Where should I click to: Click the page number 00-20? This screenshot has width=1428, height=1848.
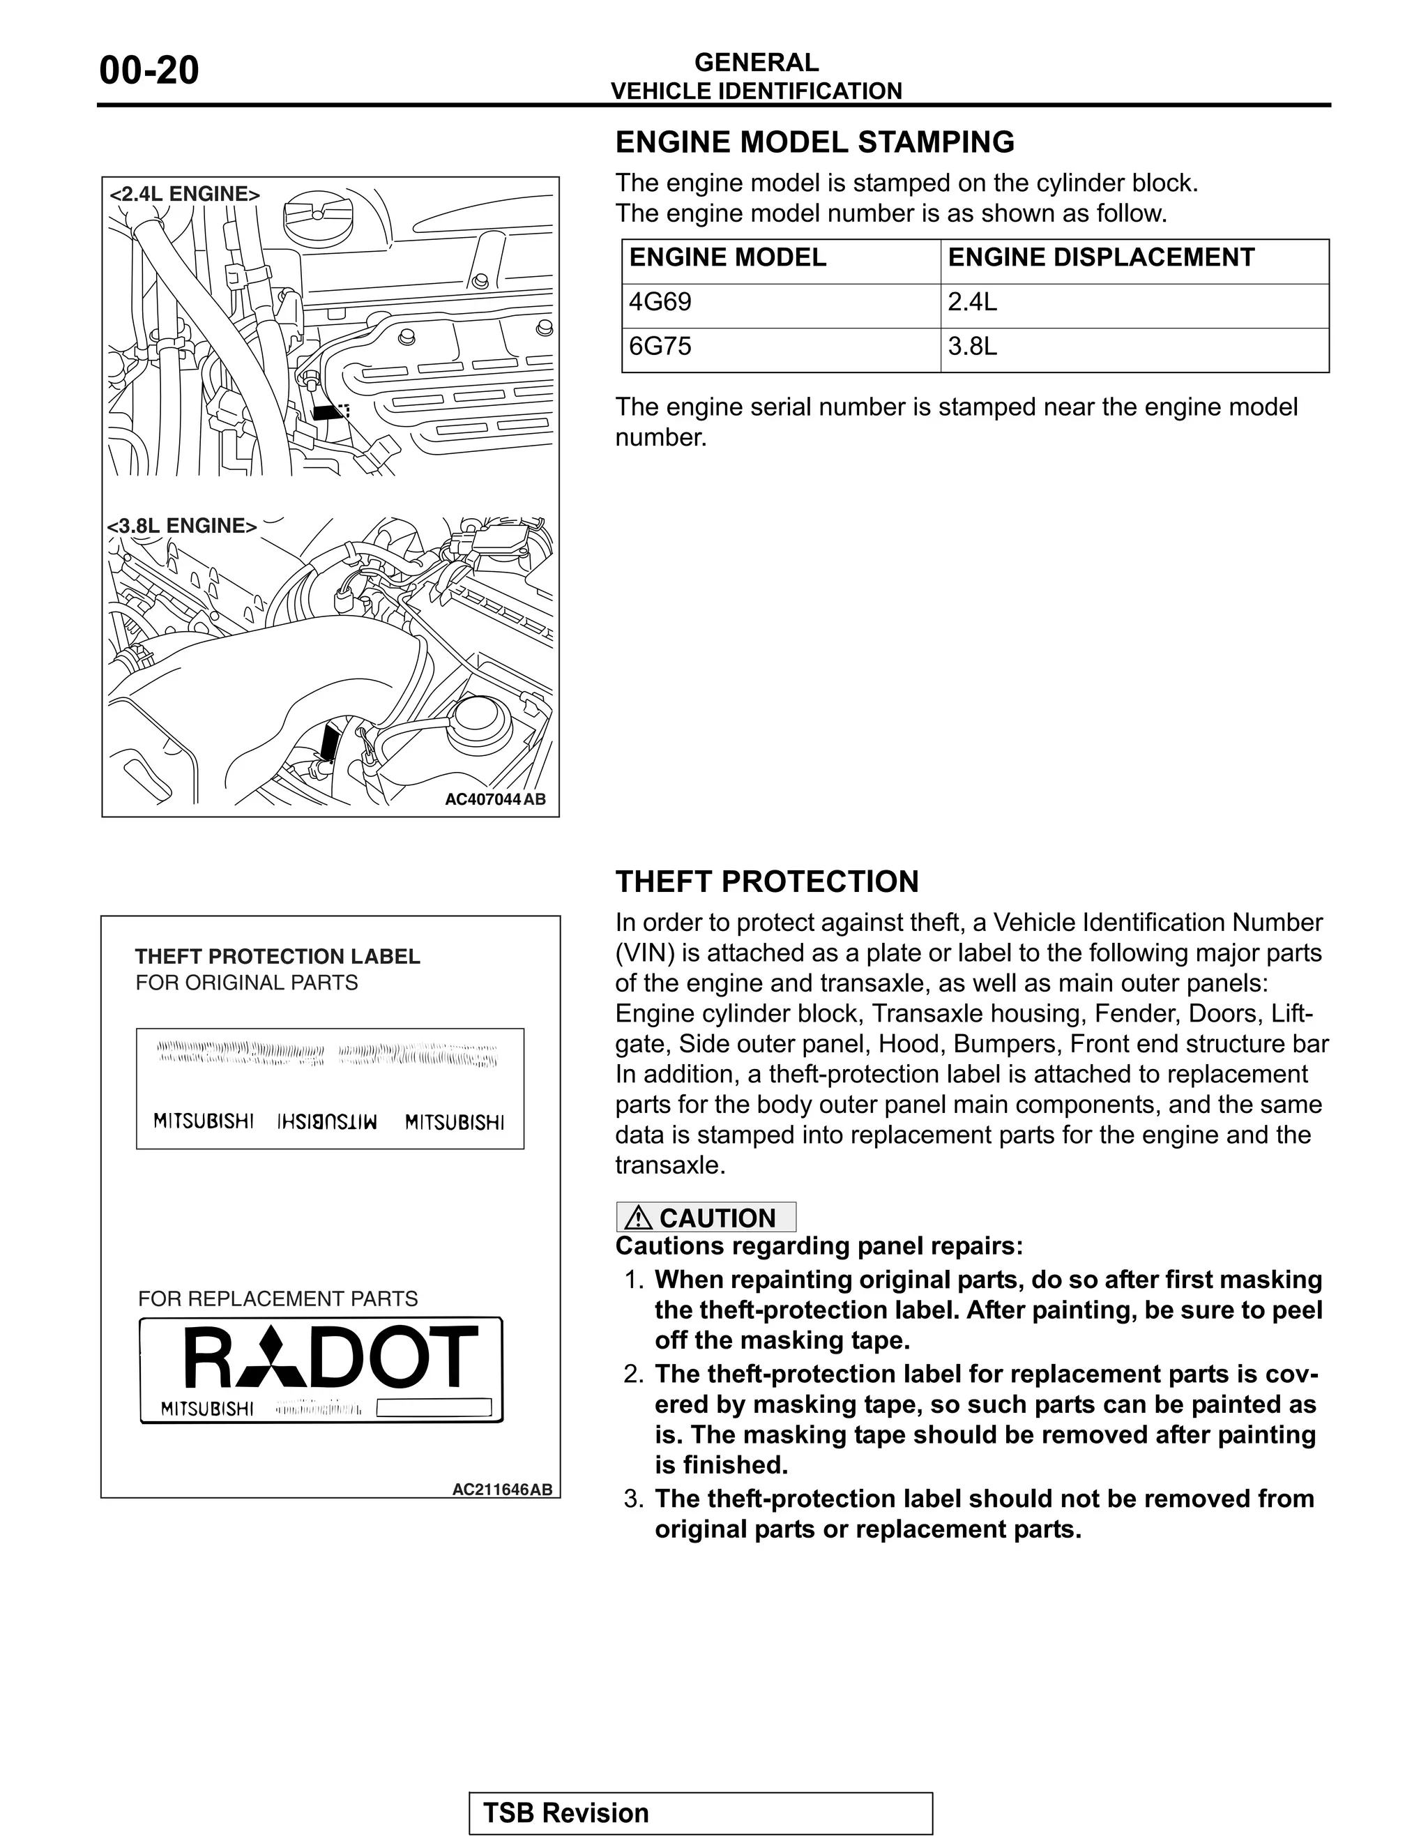pyautogui.click(x=149, y=70)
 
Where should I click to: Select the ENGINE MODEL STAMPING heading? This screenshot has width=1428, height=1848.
pyautogui.click(x=814, y=142)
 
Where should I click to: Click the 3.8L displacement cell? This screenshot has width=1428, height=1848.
pyautogui.click(x=972, y=346)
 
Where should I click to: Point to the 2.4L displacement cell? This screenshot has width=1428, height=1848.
pyautogui.click(x=972, y=302)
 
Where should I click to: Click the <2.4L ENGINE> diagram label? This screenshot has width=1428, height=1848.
pyautogui.click(x=184, y=194)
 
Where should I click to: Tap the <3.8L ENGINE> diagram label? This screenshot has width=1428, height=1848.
pyautogui.click(x=182, y=526)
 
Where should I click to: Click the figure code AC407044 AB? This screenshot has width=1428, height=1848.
pyautogui.click(x=495, y=800)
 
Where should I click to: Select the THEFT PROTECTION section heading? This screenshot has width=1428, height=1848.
pyautogui.click(x=766, y=881)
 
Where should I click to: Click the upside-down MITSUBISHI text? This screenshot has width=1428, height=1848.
pyautogui.click(x=328, y=1122)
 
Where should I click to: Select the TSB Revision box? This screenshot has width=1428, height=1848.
pyautogui.click(x=701, y=1813)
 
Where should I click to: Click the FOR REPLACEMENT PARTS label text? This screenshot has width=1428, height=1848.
pyautogui.click(x=278, y=1299)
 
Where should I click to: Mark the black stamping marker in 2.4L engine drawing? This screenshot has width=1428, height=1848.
pyautogui.click(x=326, y=412)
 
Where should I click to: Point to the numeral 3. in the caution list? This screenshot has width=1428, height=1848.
pyautogui.click(x=634, y=1499)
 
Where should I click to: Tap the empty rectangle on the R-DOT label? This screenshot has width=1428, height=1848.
pyautogui.click(x=433, y=1408)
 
